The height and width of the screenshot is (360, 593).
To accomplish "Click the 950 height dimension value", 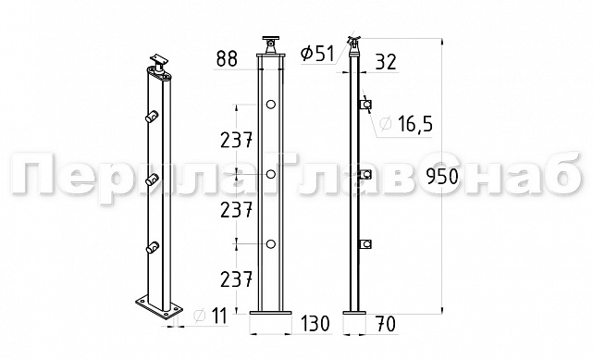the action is (x=442, y=176).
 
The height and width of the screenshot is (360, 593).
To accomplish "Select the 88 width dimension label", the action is (x=227, y=58).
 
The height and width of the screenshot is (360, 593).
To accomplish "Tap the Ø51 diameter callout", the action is (x=317, y=54).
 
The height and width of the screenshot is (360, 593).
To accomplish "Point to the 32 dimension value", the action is (x=386, y=62).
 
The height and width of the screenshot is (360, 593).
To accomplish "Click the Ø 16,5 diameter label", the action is (x=406, y=124).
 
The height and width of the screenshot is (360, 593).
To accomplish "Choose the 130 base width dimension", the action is (x=315, y=323).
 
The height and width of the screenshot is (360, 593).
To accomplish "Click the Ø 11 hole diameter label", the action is (x=210, y=317).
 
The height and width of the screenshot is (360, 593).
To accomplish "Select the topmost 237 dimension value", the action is (x=237, y=141).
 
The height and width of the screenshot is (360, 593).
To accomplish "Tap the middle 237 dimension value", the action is (x=237, y=210).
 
